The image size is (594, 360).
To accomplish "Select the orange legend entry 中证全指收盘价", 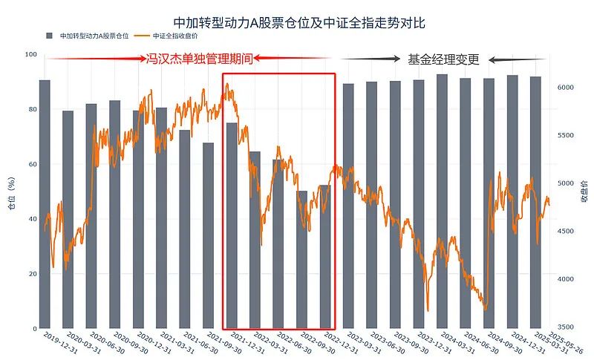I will [175, 36].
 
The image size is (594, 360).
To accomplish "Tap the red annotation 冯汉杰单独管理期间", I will [200, 59].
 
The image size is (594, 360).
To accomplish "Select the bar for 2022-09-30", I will [301, 260].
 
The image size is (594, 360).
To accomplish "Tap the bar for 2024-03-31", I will [442, 201].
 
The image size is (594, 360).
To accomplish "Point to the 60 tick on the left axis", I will [31, 164].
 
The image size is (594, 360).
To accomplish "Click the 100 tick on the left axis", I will [30, 55].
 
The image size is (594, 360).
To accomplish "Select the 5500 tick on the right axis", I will [566, 135].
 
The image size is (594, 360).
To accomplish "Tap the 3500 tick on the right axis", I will [566, 327].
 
